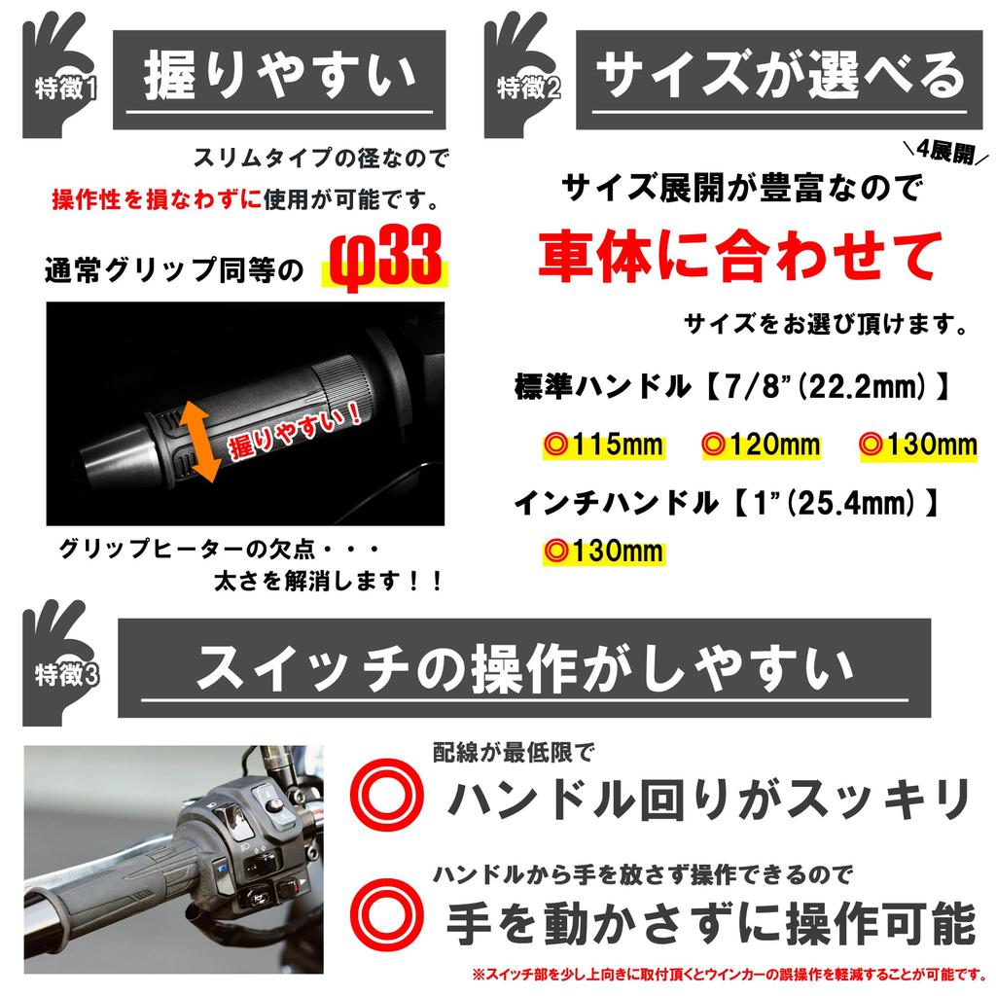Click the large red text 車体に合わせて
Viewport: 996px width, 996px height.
pos(740,255)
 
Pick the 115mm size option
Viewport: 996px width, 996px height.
pos(603,445)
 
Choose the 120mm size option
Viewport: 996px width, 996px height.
pos(762,445)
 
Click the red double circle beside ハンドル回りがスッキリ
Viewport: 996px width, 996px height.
pos(388,795)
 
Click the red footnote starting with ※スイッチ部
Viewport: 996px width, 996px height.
pos(729,974)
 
